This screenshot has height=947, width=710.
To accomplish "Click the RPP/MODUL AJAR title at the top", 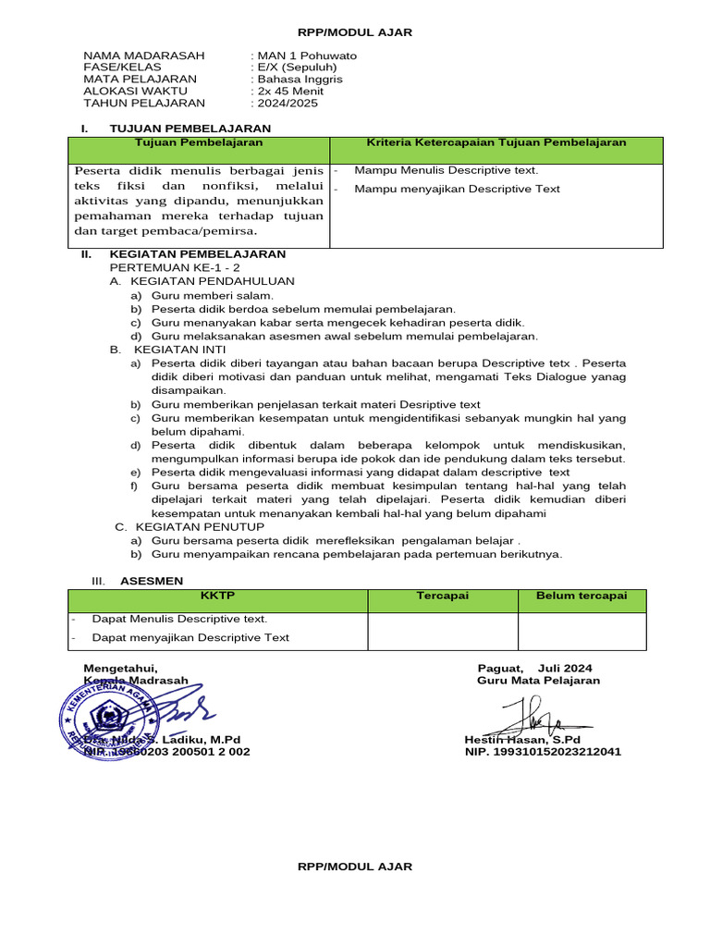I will pyautogui.click(x=354, y=32).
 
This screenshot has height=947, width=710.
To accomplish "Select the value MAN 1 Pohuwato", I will pyautogui.click(x=305, y=55).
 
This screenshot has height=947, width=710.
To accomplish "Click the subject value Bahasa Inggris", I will pyautogui.click(x=299, y=80).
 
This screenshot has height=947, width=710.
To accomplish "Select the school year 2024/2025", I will pyautogui.click(x=286, y=104).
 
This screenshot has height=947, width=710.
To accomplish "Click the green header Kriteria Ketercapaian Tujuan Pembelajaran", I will pyautogui.click(x=496, y=143).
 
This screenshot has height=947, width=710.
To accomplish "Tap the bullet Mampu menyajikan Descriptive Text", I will pyautogui.click(x=457, y=190).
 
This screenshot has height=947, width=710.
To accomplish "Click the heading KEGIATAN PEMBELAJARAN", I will pyautogui.click(x=198, y=254).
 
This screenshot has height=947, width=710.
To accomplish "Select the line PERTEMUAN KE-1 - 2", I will pyautogui.click(x=175, y=267).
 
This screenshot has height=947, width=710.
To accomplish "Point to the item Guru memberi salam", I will pyautogui.click(x=200, y=295).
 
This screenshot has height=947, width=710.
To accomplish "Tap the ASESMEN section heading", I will pyautogui.click(x=152, y=581).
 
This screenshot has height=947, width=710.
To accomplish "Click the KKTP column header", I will pyautogui.click(x=218, y=596).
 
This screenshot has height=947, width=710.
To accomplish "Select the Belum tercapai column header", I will pyautogui.click(x=581, y=596).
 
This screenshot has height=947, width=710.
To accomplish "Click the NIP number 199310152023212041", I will pyautogui.click(x=543, y=752).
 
